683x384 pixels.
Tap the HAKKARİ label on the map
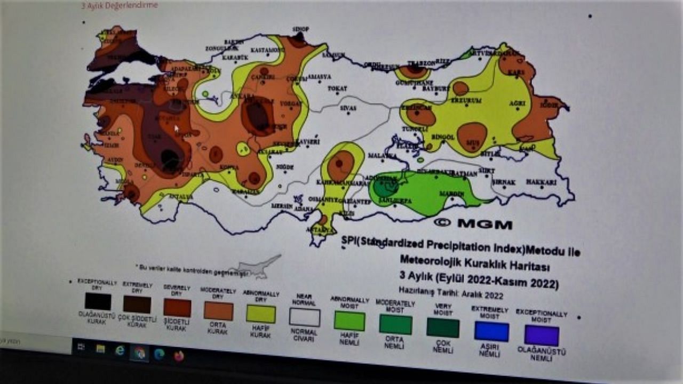[x=541, y=182]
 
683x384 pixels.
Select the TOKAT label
[x=337, y=88]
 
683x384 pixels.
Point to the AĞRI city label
[x=517, y=103]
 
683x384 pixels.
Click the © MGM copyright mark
[x=473, y=224]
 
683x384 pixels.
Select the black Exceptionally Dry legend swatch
[x=98, y=301]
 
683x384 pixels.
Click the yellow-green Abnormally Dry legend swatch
[x=261, y=314]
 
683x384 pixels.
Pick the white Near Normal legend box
[x=305, y=317]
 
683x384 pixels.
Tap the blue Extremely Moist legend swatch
[x=491, y=331]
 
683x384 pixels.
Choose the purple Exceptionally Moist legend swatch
[x=542, y=335]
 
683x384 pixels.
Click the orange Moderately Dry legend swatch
[x=218, y=311]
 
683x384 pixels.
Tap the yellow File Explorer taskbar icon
[x=100, y=349]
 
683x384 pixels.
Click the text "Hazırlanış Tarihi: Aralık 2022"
[x=451, y=293]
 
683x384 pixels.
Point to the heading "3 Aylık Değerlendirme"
[x=120, y=5]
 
